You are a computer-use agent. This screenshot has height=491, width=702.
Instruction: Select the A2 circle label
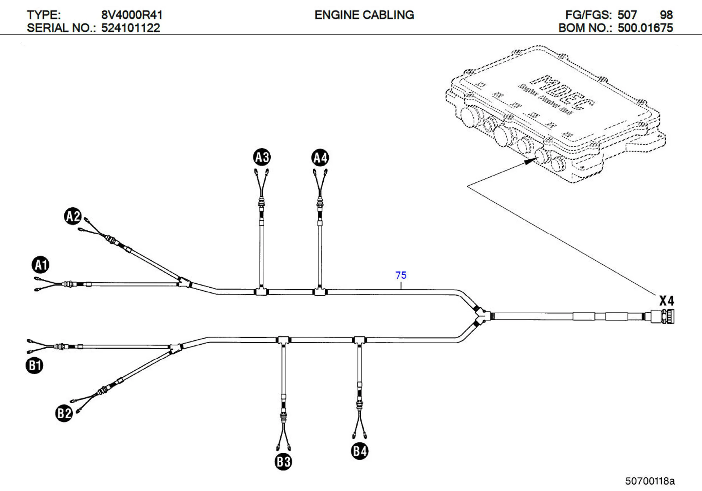[73, 216]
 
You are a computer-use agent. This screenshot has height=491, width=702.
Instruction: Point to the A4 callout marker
[320, 158]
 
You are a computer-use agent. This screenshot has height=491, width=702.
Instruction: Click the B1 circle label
[34, 365]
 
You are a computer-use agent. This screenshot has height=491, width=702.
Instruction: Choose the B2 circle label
[64, 413]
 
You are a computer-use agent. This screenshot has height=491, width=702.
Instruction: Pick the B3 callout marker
[283, 462]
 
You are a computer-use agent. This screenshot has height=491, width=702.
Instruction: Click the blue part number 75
[401, 275]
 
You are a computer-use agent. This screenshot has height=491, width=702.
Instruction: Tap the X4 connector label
[666, 301]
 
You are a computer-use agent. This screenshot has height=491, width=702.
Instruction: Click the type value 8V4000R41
[132, 15]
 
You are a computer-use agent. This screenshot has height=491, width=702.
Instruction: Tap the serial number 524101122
[130, 28]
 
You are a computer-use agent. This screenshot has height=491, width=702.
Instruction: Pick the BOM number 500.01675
[645, 28]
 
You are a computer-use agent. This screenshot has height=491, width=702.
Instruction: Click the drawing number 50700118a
[650, 481]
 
